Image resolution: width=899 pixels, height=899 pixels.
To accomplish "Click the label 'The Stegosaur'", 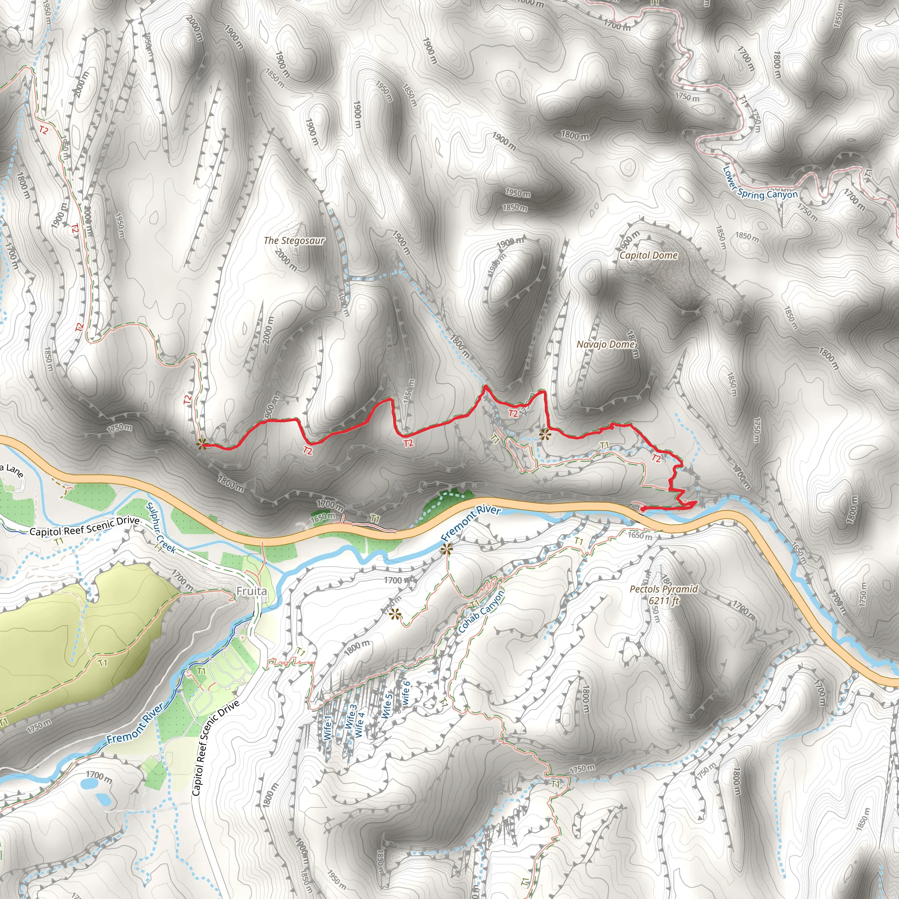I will click(x=294, y=241).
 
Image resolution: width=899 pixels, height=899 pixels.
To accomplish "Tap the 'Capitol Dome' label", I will click(x=648, y=255).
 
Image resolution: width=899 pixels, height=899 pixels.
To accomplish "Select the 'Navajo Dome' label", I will click(x=605, y=344).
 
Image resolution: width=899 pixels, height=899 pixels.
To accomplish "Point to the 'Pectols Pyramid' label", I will click(x=664, y=589).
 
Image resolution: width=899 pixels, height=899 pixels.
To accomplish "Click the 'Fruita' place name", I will click(x=252, y=591).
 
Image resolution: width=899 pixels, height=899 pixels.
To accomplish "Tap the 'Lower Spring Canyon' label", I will click(x=759, y=188).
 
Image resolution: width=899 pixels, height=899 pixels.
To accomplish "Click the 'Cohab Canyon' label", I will click(x=481, y=612).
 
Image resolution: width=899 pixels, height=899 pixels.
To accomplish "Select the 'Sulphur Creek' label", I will click(x=161, y=528).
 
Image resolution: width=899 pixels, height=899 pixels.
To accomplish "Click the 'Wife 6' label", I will click(x=406, y=692).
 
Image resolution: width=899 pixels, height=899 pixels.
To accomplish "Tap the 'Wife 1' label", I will click(x=327, y=728).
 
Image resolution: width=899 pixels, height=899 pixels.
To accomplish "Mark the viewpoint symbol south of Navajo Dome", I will click(x=544, y=435).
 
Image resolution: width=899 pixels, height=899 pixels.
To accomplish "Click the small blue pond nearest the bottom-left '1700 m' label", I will click(x=88, y=784).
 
